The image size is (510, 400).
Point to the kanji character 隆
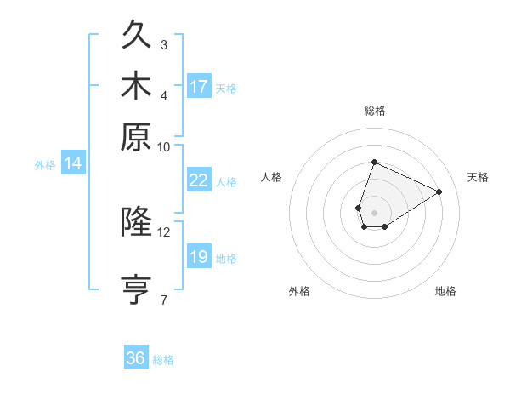pos(137,222)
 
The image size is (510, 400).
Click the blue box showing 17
pos(199,87)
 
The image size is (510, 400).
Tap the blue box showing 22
pos(199,180)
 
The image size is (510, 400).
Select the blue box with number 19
pos(199,257)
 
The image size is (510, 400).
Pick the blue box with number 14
pos(73,164)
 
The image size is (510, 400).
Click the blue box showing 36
pos(136,358)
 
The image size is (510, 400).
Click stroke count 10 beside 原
pos(164,146)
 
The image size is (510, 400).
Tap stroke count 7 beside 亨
pos(164,300)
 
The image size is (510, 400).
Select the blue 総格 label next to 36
pos(163,360)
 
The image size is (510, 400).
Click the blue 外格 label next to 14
pos(45,165)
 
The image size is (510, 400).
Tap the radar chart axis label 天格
pos(478,177)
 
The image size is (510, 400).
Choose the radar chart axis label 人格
pos(272,177)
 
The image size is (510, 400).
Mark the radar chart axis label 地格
pos(445,292)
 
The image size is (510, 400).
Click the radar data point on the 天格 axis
pos(439,192)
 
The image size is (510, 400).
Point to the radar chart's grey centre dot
pos(374,211)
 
